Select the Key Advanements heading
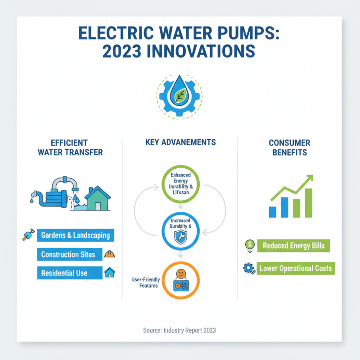point(180,142)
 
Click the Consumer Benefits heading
point(289,147)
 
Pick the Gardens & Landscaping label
point(75,235)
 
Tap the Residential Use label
point(64,273)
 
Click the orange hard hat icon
point(109,254)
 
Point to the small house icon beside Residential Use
point(109,273)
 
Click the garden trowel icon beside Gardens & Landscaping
point(27,235)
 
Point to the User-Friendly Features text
point(144,283)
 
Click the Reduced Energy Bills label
point(293,246)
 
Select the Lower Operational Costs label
point(296,269)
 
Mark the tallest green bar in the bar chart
point(309,202)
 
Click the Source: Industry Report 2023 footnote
point(180,330)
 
